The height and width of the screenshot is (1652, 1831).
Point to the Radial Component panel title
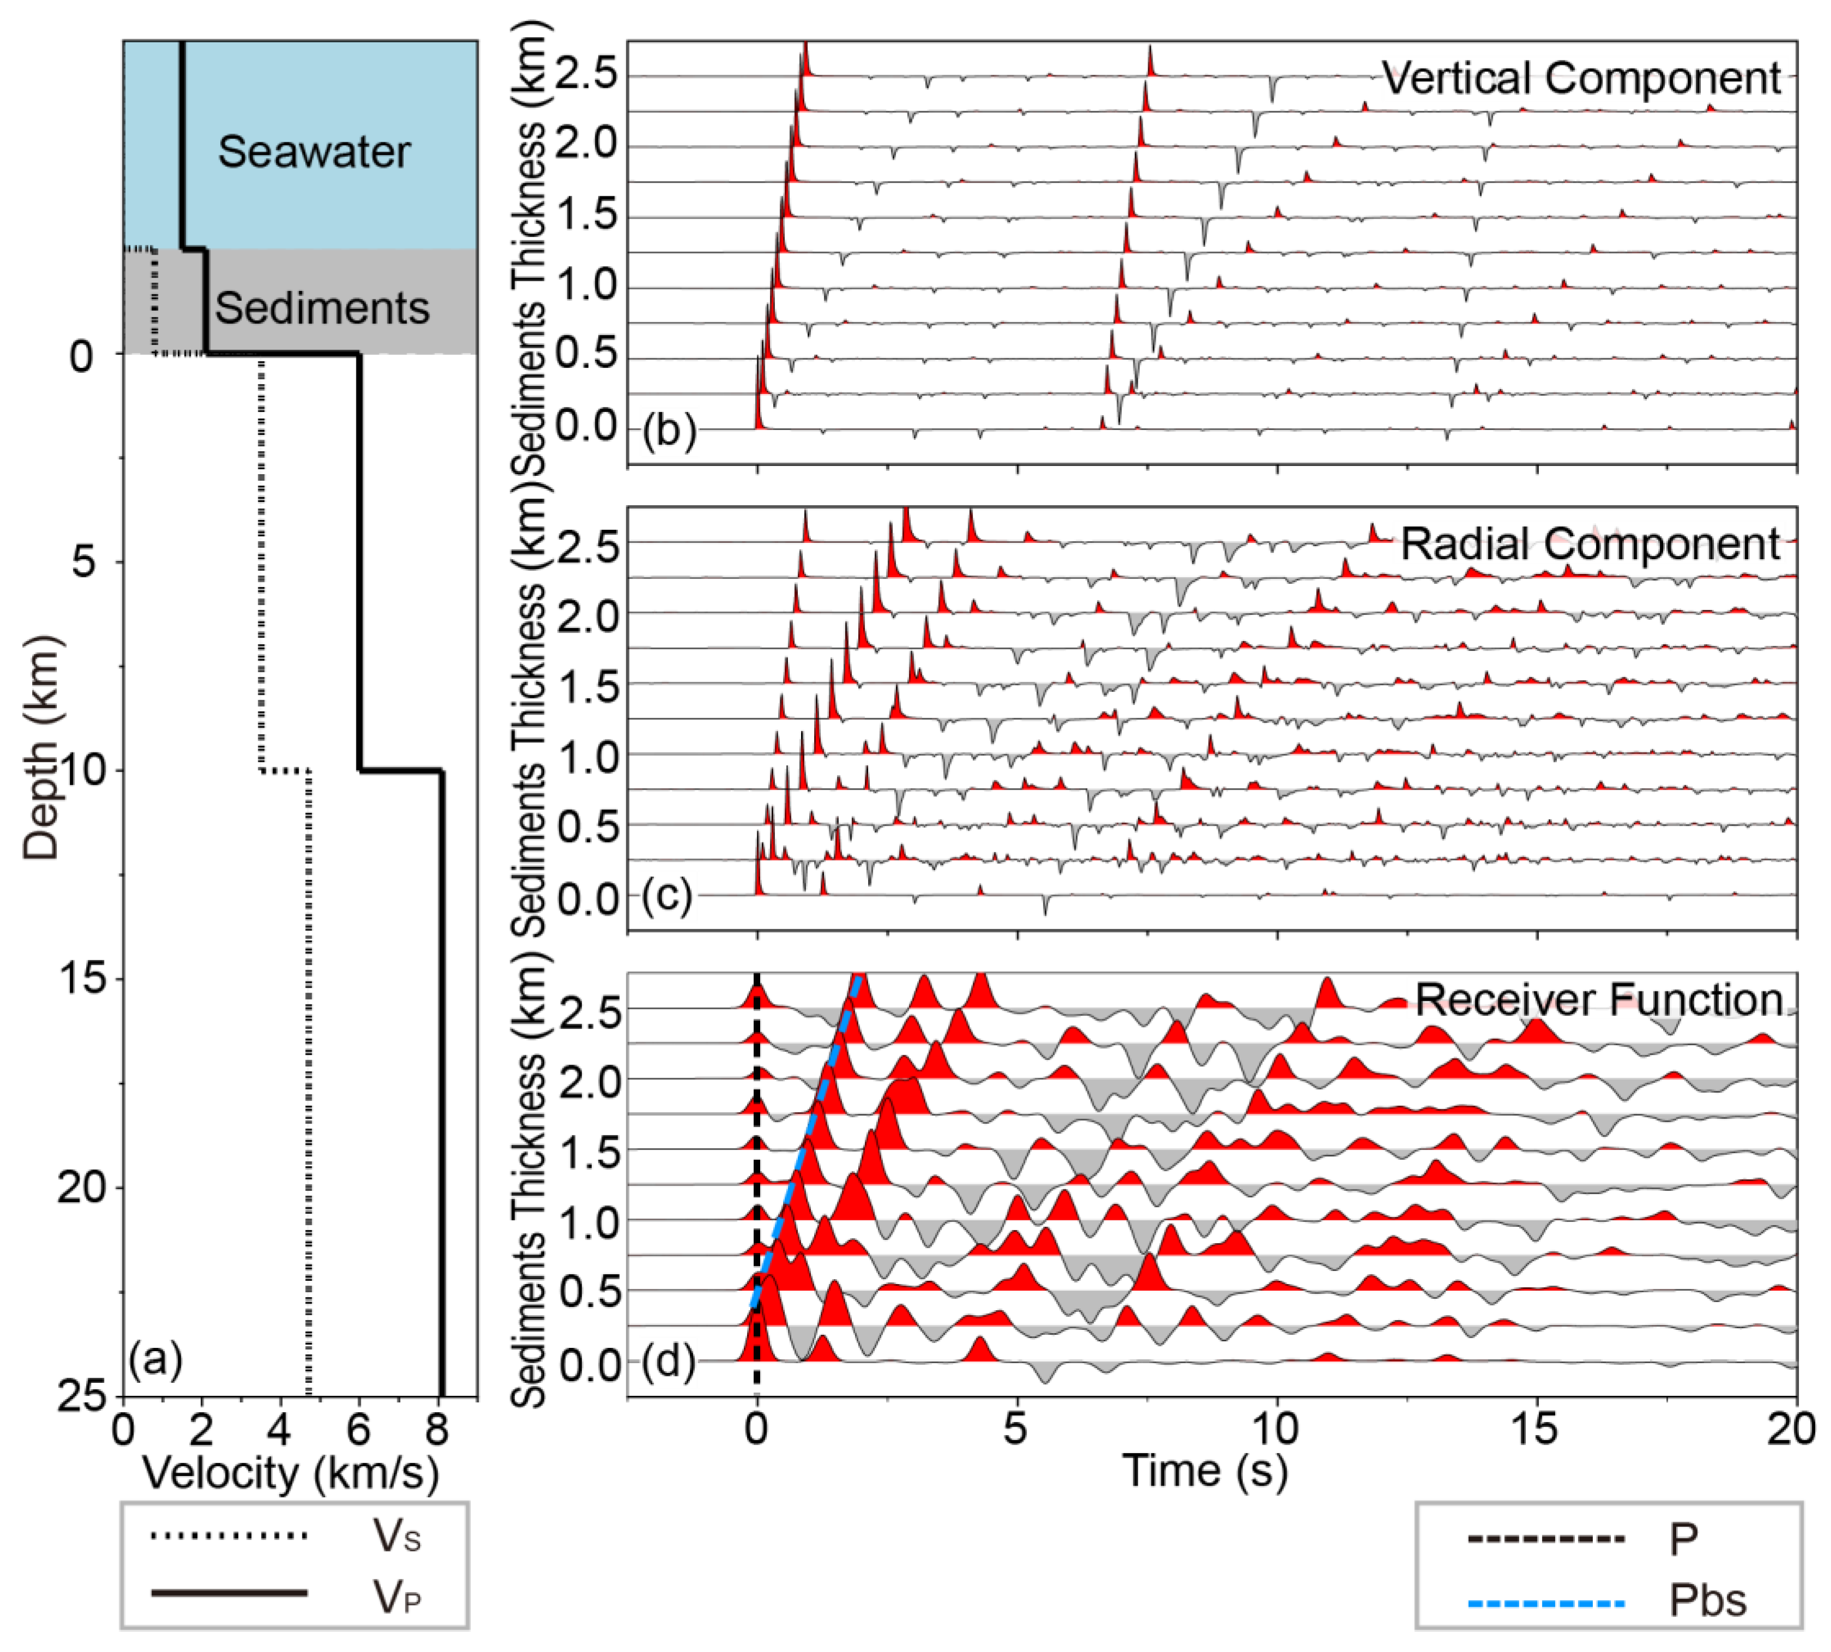coord(1590,544)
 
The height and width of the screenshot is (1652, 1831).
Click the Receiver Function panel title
coord(1599,1000)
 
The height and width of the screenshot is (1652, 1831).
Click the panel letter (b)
coord(669,429)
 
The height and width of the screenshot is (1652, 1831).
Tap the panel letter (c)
coord(667,896)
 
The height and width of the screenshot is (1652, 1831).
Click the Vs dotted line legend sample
coord(229,1536)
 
